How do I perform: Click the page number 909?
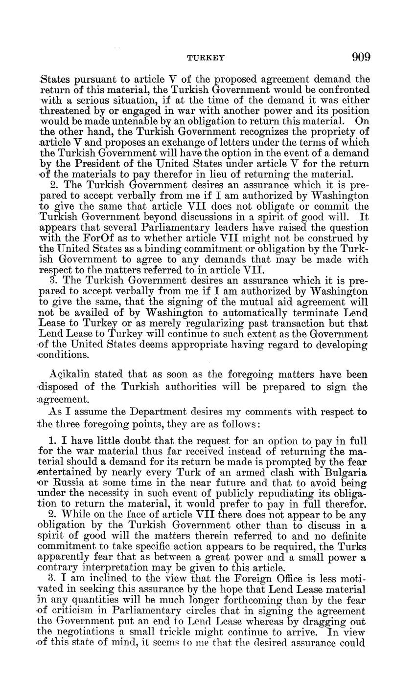point(361,57)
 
